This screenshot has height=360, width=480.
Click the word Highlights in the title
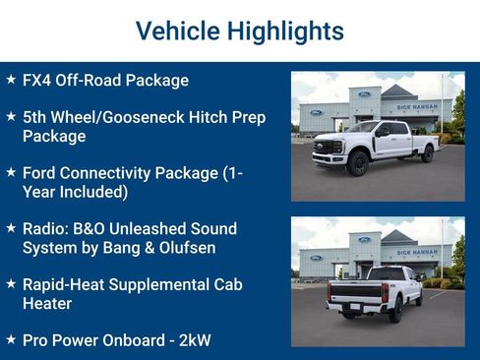[285, 30]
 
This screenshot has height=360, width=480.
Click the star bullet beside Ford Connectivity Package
[11, 172]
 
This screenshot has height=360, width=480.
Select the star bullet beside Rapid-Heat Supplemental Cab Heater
[11, 284]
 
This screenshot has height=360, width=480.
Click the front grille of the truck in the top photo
[327, 148]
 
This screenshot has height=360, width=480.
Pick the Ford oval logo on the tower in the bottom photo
[364, 239]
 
